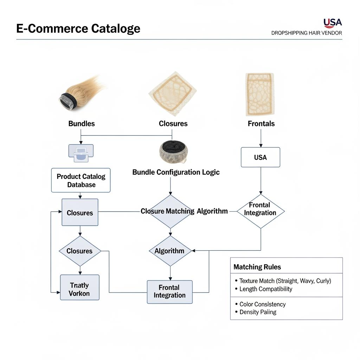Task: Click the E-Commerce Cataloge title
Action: pyautogui.click(x=78, y=28)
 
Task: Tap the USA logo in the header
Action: pyautogui.click(x=332, y=23)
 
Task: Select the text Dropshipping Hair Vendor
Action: pyautogui.click(x=306, y=33)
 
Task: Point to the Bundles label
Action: pyautogui.click(x=81, y=124)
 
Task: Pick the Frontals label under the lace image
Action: pyautogui.click(x=261, y=124)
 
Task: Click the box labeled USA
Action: pyautogui.click(x=260, y=157)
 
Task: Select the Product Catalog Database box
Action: pyautogui.click(x=81, y=180)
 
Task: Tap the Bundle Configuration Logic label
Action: pyautogui.click(x=176, y=172)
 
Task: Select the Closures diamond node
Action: pyautogui.click(x=79, y=251)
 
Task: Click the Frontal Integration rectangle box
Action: pyautogui.click(x=169, y=292)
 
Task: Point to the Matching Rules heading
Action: pyautogui.click(x=257, y=267)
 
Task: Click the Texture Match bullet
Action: pyautogui.click(x=285, y=281)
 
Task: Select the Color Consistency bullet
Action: pyautogui.click(x=262, y=304)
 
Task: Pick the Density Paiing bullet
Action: pyautogui.click(x=258, y=312)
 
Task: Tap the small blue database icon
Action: pyautogui.click(x=81, y=153)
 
